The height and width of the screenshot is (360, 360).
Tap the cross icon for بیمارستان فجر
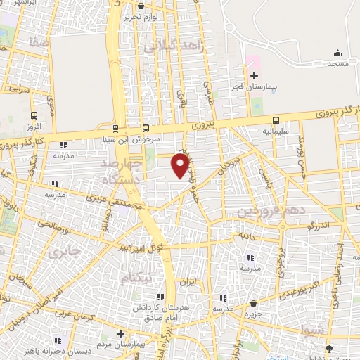coord(255,75)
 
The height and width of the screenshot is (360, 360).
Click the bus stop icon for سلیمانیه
coord(275,120)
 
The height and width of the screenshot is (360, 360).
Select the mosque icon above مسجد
coord(337,53)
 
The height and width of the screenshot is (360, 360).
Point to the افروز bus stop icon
coord(34,116)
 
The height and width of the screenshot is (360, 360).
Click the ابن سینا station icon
coord(116,129)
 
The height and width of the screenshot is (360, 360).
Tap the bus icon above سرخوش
coord(146,128)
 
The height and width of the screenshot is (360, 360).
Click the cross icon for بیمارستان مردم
coord(120,333)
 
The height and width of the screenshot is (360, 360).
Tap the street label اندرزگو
coord(319,226)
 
